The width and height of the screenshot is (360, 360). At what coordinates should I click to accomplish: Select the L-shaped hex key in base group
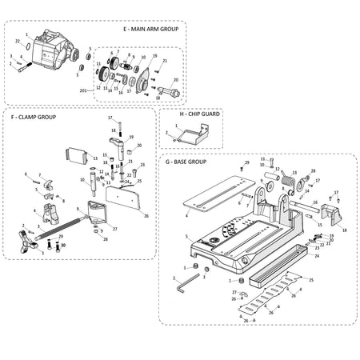(x=185, y=281)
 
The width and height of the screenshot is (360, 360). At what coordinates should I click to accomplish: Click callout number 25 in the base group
(x=311, y=280)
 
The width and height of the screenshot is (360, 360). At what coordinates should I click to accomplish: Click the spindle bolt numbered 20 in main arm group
(x=170, y=90)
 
